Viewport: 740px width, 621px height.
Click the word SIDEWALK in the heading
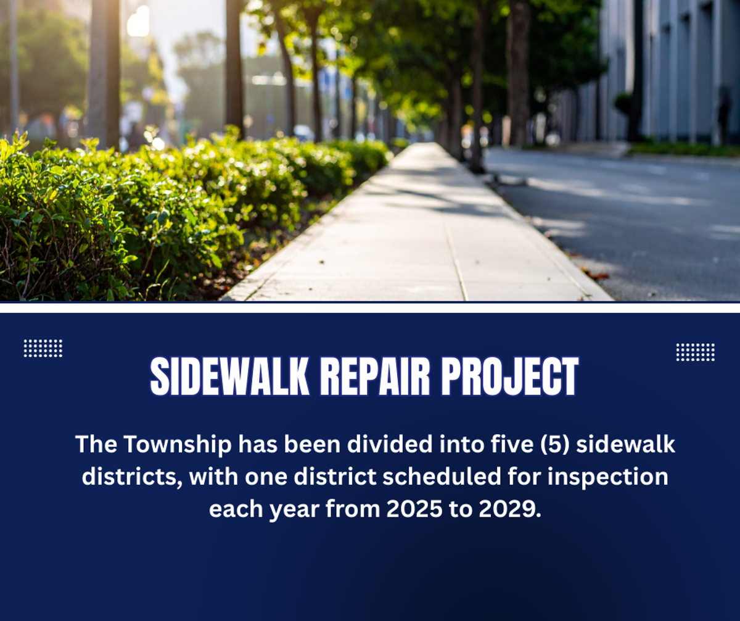coord(229,376)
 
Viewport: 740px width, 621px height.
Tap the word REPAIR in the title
coord(375,376)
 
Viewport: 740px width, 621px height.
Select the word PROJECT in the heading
coord(510,376)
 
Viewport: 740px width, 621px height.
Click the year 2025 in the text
coord(414,509)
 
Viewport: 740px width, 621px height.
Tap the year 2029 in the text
coord(510,509)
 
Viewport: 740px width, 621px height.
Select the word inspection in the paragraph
coord(608,477)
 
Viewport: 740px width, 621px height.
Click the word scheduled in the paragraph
coord(442,477)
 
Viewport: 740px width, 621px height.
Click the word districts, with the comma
coord(132,477)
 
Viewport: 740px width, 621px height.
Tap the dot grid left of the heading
coord(43,348)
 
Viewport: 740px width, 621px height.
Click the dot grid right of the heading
coord(696,352)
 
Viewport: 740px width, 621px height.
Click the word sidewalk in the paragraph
coord(625,444)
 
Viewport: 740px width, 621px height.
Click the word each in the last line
coord(236,509)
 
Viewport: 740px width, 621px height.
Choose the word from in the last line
coord(353,509)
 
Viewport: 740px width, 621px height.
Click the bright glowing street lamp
coord(138,21)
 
